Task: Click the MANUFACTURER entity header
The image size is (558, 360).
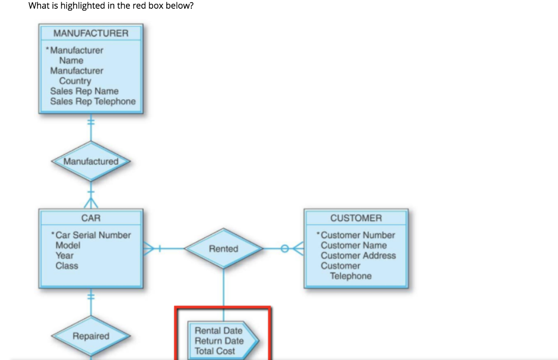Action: [91, 33]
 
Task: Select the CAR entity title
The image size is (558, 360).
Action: [90, 218]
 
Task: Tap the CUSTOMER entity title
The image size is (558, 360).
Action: [356, 218]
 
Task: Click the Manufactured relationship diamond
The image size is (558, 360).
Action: [90, 161]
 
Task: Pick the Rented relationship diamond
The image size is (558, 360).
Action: [223, 249]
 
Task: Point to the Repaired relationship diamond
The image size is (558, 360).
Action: [91, 336]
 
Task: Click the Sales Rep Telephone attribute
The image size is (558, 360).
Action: [93, 101]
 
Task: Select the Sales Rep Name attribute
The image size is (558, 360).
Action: [84, 91]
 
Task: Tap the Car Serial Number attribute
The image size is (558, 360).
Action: [93, 235]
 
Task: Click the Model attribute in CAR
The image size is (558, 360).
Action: [68, 245]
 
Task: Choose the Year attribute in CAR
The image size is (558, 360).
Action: [64, 255]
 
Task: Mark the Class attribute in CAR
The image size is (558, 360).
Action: [66, 266]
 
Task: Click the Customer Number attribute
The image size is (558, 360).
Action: [357, 235]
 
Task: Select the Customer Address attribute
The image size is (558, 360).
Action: [358, 255]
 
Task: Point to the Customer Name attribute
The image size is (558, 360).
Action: [354, 245]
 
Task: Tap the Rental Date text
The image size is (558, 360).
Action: [219, 331]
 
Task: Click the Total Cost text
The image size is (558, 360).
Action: [215, 351]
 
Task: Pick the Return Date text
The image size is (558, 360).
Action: [219, 341]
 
